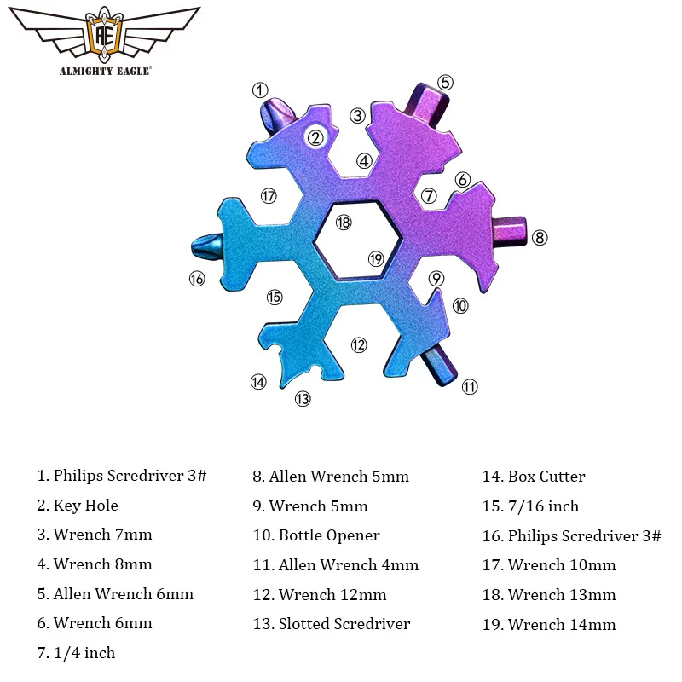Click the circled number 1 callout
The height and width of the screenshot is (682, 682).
260,90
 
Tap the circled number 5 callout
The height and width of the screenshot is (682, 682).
445,83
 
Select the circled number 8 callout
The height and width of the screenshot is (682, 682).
540,238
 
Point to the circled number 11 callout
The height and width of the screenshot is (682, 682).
470,387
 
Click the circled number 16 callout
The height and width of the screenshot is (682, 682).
197,278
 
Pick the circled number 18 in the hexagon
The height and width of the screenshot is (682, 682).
343,223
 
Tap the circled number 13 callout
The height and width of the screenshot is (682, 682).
303,398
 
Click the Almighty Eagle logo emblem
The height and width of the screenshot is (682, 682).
106,35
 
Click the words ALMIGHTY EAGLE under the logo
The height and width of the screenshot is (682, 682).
106,72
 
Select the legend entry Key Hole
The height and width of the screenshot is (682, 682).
78,506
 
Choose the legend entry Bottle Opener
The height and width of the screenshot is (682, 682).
316,535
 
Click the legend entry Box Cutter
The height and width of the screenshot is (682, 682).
535,477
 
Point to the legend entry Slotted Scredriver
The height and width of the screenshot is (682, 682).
332,624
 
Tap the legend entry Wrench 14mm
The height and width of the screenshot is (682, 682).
549,624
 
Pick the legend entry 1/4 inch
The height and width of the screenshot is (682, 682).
76,653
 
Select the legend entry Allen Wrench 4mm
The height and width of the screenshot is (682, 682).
336,565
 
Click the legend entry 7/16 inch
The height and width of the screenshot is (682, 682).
531,506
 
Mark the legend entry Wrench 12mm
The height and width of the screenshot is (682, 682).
320,594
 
